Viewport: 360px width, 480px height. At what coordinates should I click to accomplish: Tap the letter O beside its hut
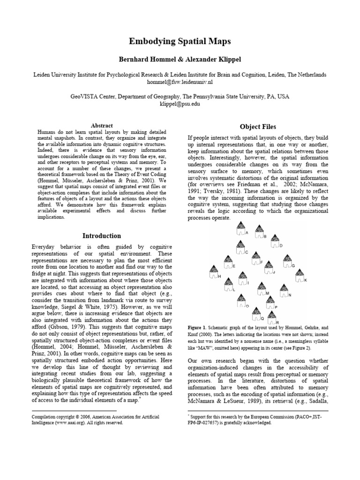point(247,305)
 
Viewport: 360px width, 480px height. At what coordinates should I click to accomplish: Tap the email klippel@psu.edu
point(180,104)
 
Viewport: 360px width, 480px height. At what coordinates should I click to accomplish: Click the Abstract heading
point(101,126)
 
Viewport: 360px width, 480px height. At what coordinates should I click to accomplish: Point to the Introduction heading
point(102,236)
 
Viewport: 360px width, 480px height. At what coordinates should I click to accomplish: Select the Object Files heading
point(258,127)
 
